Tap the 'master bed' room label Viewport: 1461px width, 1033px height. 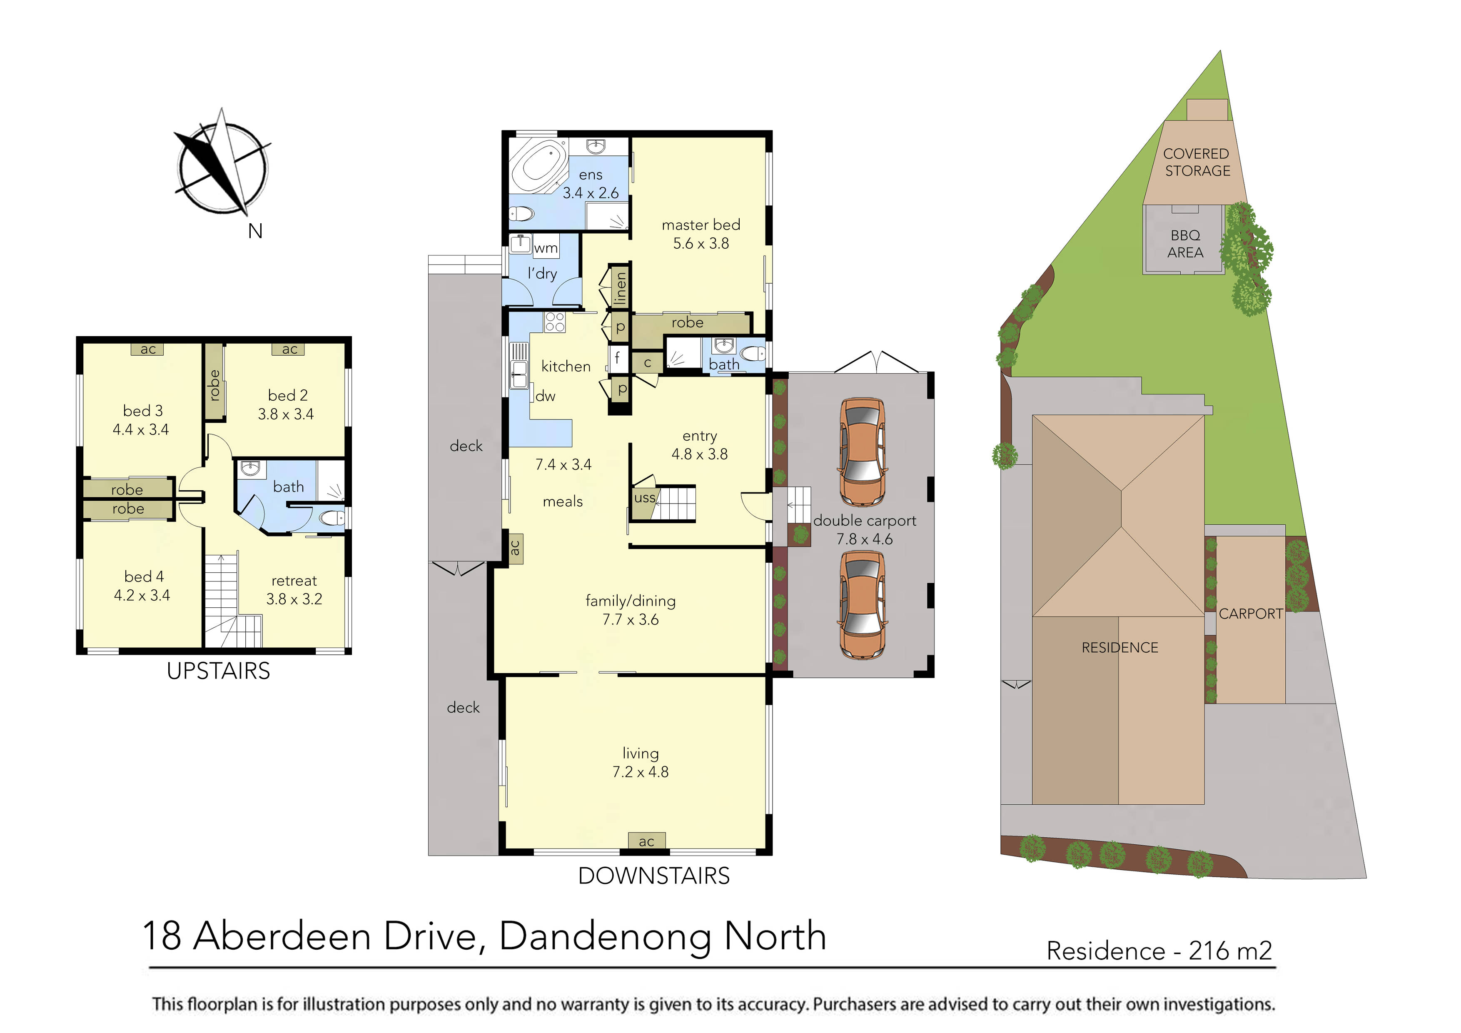coord(701,225)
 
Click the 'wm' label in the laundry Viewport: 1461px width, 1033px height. coord(545,248)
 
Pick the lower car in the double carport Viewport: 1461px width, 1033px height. coord(862,605)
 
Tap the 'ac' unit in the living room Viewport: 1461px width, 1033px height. coord(646,841)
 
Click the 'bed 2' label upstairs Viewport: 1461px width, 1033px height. coord(288,395)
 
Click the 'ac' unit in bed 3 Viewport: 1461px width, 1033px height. coord(147,349)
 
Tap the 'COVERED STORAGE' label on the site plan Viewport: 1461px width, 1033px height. coord(1196,162)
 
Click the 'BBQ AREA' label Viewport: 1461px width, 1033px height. coord(1185,244)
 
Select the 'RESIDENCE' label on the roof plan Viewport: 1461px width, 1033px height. coord(1119,647)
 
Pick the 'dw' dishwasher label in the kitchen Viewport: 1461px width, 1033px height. coord(545,396)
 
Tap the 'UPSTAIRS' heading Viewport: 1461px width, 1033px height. coord(218,671)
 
